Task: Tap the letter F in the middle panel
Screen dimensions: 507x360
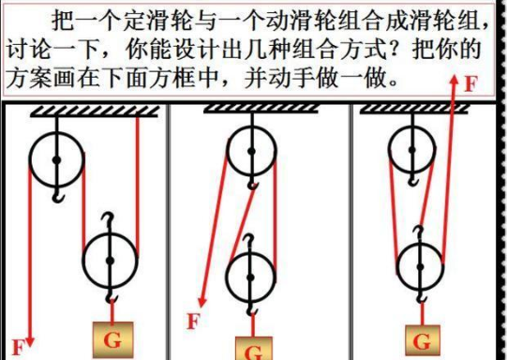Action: [x=193, y=322]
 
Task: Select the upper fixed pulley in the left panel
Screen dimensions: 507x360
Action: [x=56, y=159]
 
